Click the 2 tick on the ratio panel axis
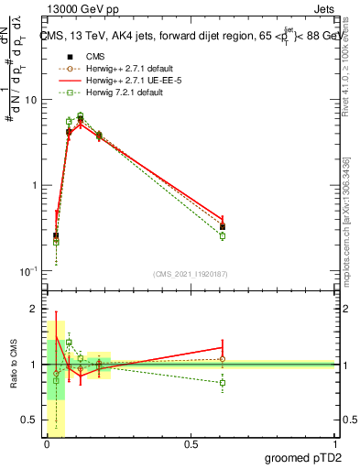[37, 310]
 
